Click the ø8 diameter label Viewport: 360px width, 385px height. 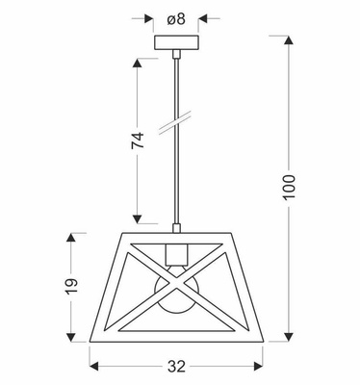point(175,17)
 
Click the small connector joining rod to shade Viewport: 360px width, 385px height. point(176,229)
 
